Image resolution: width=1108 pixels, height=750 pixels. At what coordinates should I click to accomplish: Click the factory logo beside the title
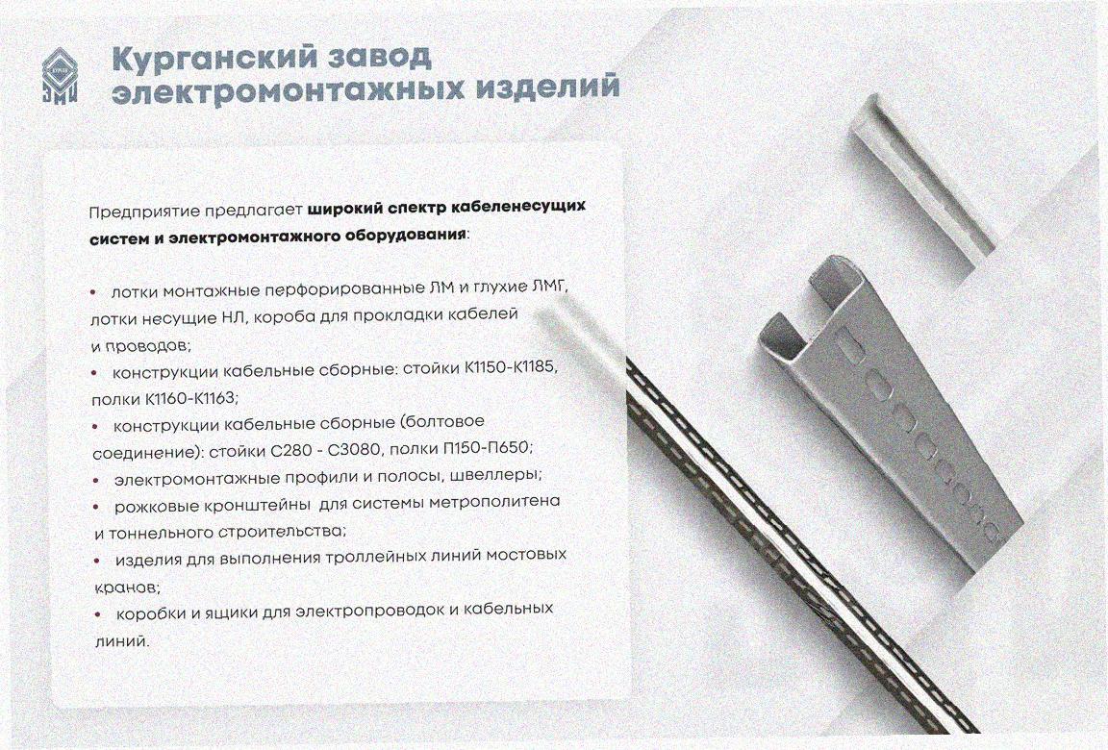click(60, 76)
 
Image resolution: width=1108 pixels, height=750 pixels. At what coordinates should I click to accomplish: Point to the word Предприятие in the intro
click(145, 212)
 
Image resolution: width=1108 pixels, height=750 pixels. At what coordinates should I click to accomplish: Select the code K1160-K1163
click(190, 398)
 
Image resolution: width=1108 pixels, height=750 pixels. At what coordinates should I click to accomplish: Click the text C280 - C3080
click(327, 450)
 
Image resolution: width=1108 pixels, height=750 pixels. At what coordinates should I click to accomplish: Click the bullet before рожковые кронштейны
click(97, 507)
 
